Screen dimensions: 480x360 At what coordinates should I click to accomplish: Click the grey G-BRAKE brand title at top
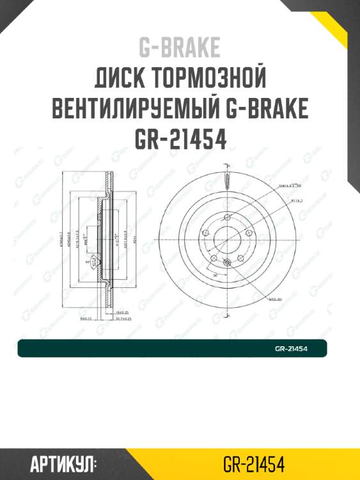[x=180, y=47]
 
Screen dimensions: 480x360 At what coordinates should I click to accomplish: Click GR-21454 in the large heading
[x=180, y=140]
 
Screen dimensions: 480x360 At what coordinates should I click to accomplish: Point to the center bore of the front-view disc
[x=228, y=238]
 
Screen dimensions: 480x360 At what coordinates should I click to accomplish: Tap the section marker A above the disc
[x=228, y=165]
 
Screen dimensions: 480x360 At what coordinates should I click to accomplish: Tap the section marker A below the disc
[x=228, y=316]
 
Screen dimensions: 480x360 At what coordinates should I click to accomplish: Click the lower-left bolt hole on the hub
[x=215, y=257]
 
